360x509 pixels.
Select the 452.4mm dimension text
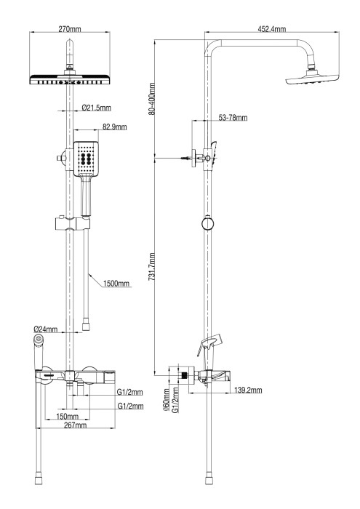[x=271, y=28]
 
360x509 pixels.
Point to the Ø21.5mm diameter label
[x=96, y=108]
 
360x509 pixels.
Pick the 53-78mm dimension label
[x=232, y=118]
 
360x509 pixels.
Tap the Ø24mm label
[x=47, y=329]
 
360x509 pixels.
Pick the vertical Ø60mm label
[x=167, y=399]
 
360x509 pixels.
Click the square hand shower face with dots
[x=86, y=159]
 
